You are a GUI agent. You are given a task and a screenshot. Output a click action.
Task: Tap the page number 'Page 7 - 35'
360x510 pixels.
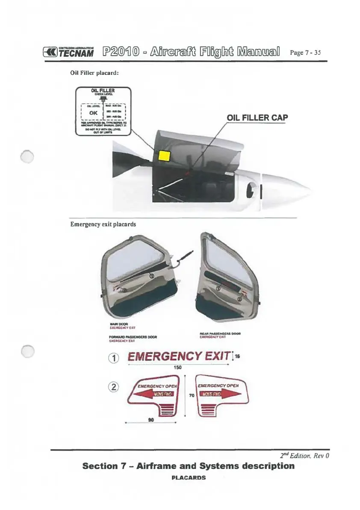[x=305, y=53]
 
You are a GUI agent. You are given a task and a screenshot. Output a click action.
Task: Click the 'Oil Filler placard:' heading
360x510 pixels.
[x=94, y=73]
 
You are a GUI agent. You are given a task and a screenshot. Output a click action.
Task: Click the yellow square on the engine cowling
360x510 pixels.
[x=164, y=156]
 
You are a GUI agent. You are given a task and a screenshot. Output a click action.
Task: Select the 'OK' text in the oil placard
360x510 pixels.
[x=94, y=113]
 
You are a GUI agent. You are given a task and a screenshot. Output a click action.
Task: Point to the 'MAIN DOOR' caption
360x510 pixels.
[x=116, y=324]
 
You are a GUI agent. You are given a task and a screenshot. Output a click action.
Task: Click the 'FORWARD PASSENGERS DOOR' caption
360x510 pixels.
[x=134, y=337]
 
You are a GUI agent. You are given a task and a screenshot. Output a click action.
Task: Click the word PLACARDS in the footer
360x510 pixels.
[x=189, y=477]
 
